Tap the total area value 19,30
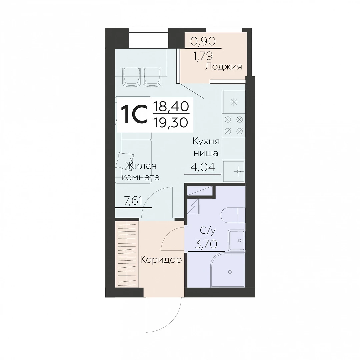[171, 123]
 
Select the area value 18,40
[171, 107]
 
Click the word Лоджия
[223, 67]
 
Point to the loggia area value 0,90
[203, 42]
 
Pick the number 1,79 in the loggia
[203, 56]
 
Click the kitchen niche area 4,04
[203, 167]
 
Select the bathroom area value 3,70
[206, 244]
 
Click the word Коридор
[161, 260]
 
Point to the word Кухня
[206, 141]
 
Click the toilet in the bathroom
[233, 215]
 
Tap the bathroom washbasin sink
[236, 240]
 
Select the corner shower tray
[228, 270]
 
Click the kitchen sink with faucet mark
[234, 172]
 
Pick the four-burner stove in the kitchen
[233, 125]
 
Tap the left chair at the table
[132, 76]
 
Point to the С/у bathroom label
[208, 231]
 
